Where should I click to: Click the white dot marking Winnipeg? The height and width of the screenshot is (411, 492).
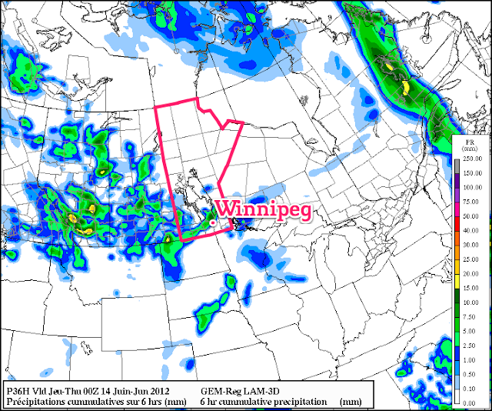point(211,222)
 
